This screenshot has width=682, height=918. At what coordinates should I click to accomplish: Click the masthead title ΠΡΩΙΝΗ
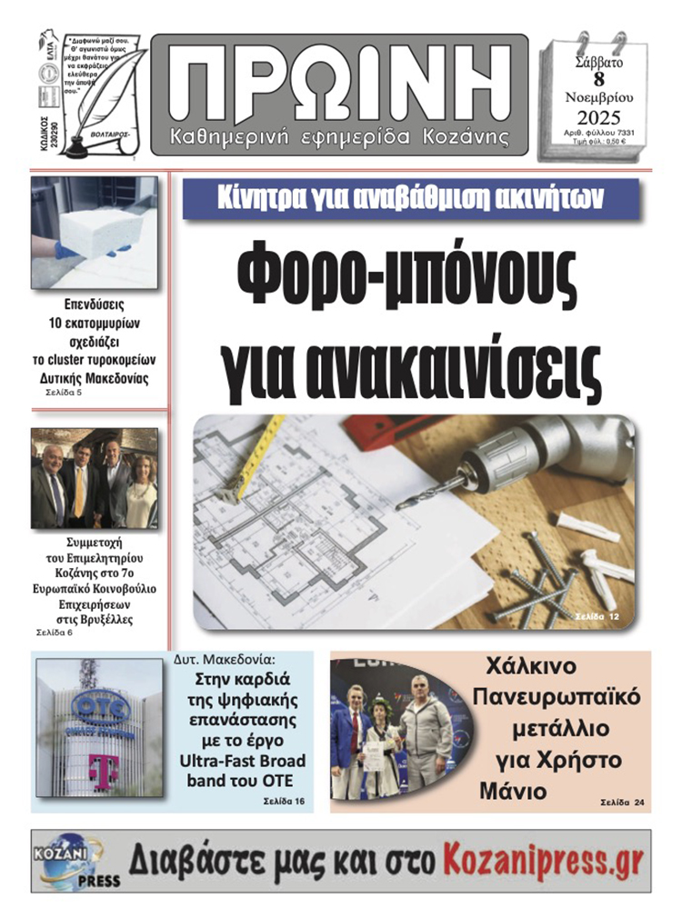click(x=338, y=84)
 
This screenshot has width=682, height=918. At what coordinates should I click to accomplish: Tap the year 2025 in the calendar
click(x=597, y=117)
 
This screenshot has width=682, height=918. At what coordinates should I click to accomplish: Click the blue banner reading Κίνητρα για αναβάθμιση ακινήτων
click(x=410, y=199)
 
